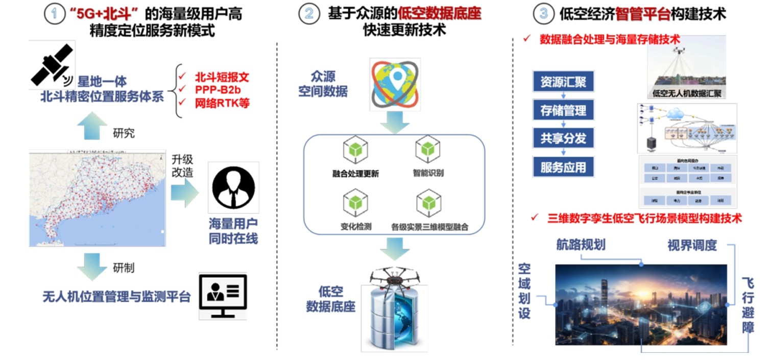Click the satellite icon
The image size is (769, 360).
(x=52, y=65)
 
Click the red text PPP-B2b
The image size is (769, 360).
(x=217, y=90)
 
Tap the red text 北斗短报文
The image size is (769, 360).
(x=222, y=78)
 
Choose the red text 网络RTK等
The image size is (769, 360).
(x=222, y=103)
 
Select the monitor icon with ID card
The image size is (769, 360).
(x=223, y=296)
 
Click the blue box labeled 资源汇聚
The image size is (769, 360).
(x=563, y=82)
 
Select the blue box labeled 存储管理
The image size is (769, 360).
(x=563, y=110)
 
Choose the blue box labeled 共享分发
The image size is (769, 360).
(x=563, y=138)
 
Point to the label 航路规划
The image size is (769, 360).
(x=581, y=245)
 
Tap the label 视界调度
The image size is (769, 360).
(x=692, y=246)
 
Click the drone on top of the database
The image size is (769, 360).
(x=394, y=277)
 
